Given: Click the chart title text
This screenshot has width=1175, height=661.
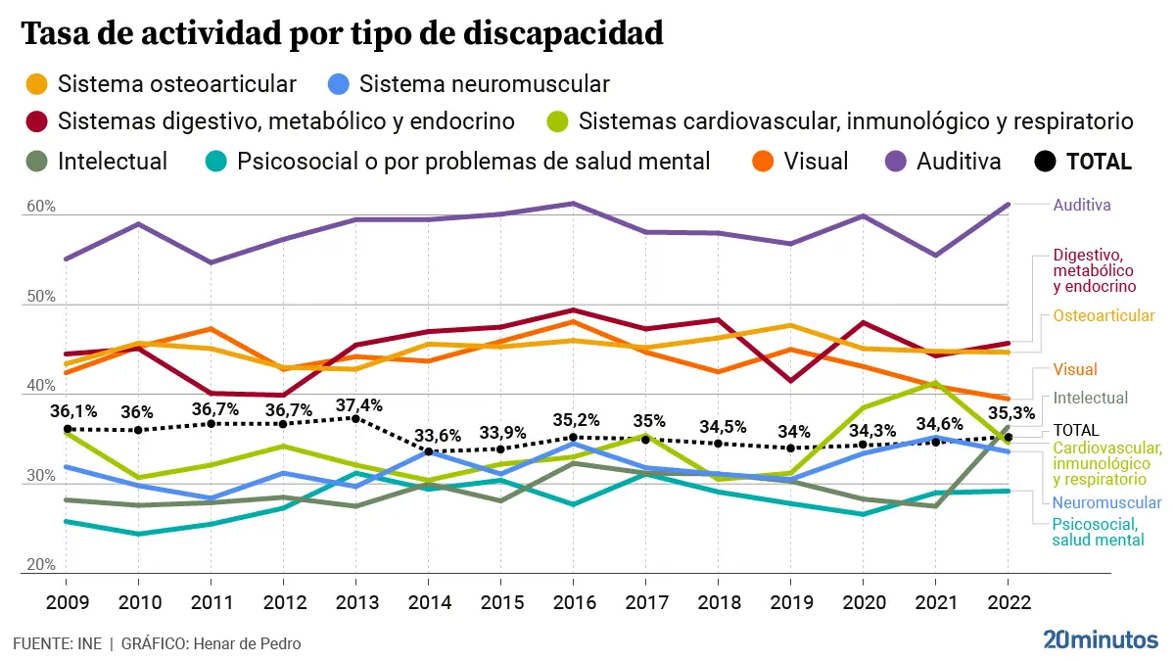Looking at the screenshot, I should (x=343, y=35).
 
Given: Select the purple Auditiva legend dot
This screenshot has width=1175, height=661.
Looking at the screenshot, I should (x=895, y=162).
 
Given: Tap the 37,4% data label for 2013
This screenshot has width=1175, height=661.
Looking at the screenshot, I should (x=358, y=404).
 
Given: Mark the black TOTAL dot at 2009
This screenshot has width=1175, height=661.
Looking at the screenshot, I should (x=68, y=429).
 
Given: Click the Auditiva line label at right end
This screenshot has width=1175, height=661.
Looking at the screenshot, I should (x=1082, y=206).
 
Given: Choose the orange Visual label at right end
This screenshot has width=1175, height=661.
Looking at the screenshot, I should (x=1075, y=370).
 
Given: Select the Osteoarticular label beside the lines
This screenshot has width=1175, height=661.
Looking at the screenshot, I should (x=1104, y=316).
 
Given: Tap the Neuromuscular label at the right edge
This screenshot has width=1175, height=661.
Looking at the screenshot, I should (x=1100, y=502).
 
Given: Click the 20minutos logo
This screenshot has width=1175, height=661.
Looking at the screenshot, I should (x=1100, y=641).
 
